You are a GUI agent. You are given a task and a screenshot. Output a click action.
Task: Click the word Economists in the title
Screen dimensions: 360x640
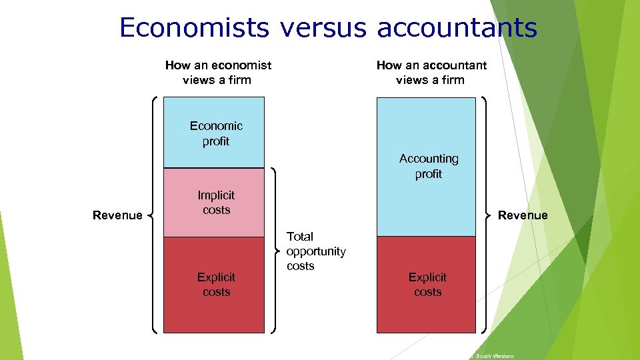click(194, 27)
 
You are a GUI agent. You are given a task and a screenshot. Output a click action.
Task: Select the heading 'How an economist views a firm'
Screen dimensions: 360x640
click(218, 73)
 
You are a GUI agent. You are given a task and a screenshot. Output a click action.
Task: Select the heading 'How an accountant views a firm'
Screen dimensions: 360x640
click(431, 73)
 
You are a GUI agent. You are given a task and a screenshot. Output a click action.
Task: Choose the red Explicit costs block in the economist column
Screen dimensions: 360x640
click(213, 313)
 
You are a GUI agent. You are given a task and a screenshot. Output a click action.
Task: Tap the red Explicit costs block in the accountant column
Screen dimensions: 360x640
click(427, 313)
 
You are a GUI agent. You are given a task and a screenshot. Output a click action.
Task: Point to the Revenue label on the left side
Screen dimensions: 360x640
click(117, 215)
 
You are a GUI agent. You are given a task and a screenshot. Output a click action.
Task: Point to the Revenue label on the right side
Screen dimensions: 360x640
click(523, 215)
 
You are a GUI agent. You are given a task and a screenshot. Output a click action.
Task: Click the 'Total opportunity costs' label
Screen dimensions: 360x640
click(315, 251)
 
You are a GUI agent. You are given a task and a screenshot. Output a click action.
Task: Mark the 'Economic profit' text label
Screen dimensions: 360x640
click(216, 133)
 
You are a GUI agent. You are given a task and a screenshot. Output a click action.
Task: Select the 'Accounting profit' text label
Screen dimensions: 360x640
click(429, 167)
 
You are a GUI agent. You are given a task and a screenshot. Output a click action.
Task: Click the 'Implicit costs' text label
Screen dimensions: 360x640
click(216, 203)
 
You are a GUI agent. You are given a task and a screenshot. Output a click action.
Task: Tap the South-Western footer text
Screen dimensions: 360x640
click(493, 357)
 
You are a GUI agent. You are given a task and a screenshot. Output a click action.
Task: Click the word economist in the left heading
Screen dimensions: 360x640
click(242, 65)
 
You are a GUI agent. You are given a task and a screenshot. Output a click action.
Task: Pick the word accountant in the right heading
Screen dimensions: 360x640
click(455, 65)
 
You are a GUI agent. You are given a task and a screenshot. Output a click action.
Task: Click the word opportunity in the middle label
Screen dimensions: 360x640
click(316, 251)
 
